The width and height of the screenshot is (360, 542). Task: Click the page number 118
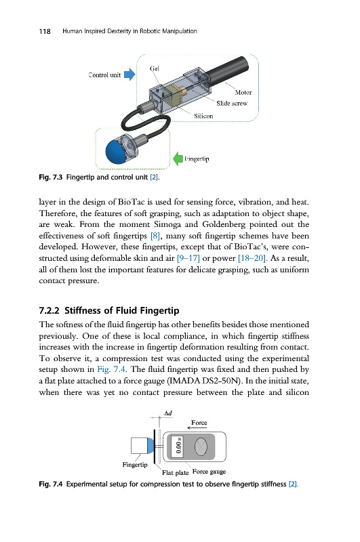tap(45, 31)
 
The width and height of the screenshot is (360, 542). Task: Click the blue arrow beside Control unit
tap(129, 74)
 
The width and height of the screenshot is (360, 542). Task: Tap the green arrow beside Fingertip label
tap(178, 159)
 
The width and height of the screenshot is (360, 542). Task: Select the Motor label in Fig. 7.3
tap(243, 92)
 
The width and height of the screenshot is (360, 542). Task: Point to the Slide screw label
tap(232, 104)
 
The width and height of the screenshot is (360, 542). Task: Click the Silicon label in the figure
tap(203, 116)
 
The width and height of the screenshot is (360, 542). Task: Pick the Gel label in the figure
tap(154, 68)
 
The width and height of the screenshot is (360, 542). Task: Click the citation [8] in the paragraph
tap(155, 236)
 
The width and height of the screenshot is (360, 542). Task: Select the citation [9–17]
tap(188, 258)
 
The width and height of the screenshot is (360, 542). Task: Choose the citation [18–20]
tap(252, 258)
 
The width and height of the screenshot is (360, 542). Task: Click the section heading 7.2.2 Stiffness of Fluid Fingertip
tap(109, 310)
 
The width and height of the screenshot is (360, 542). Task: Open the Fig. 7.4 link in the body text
tap(111, 369)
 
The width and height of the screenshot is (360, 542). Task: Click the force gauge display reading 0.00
tap(178, 446)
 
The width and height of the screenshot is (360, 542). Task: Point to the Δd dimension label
tap(168, 413)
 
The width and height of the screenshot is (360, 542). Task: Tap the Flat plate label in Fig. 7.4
tap(176, 472)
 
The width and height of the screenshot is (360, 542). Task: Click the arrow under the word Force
tap(197, 428)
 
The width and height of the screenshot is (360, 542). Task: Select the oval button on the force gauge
tap(201, 446)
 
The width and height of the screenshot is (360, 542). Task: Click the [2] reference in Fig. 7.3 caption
tap(154, 178)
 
